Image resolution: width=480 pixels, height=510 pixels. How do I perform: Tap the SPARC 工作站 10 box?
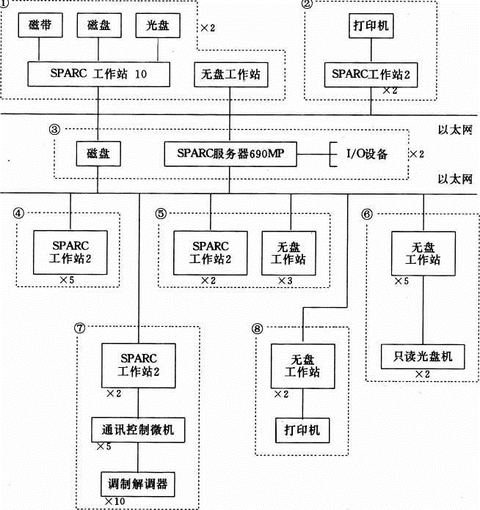tap(99, 73)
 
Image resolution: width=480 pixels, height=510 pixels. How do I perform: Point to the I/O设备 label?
tap(366, 155)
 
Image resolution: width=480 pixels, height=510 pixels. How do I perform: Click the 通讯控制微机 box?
tap(138, 427)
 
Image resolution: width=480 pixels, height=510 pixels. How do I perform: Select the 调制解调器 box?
tap(139, 484)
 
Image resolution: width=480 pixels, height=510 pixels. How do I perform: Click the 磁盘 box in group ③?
tap(98, 155)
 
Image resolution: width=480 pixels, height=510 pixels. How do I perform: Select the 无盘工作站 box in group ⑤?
tap(291, 251)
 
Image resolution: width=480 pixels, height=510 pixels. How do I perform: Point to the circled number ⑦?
tap(80, 328)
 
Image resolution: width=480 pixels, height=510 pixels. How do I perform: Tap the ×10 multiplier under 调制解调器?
tap(114, 500)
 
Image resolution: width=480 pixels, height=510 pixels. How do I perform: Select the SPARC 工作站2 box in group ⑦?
tap(139, 365)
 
